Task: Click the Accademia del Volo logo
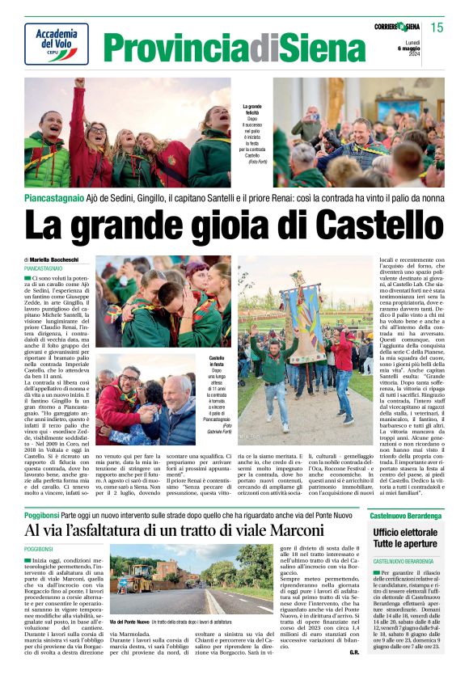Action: point(56,43)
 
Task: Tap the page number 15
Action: point(437,27)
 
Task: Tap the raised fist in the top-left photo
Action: point(79,82)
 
